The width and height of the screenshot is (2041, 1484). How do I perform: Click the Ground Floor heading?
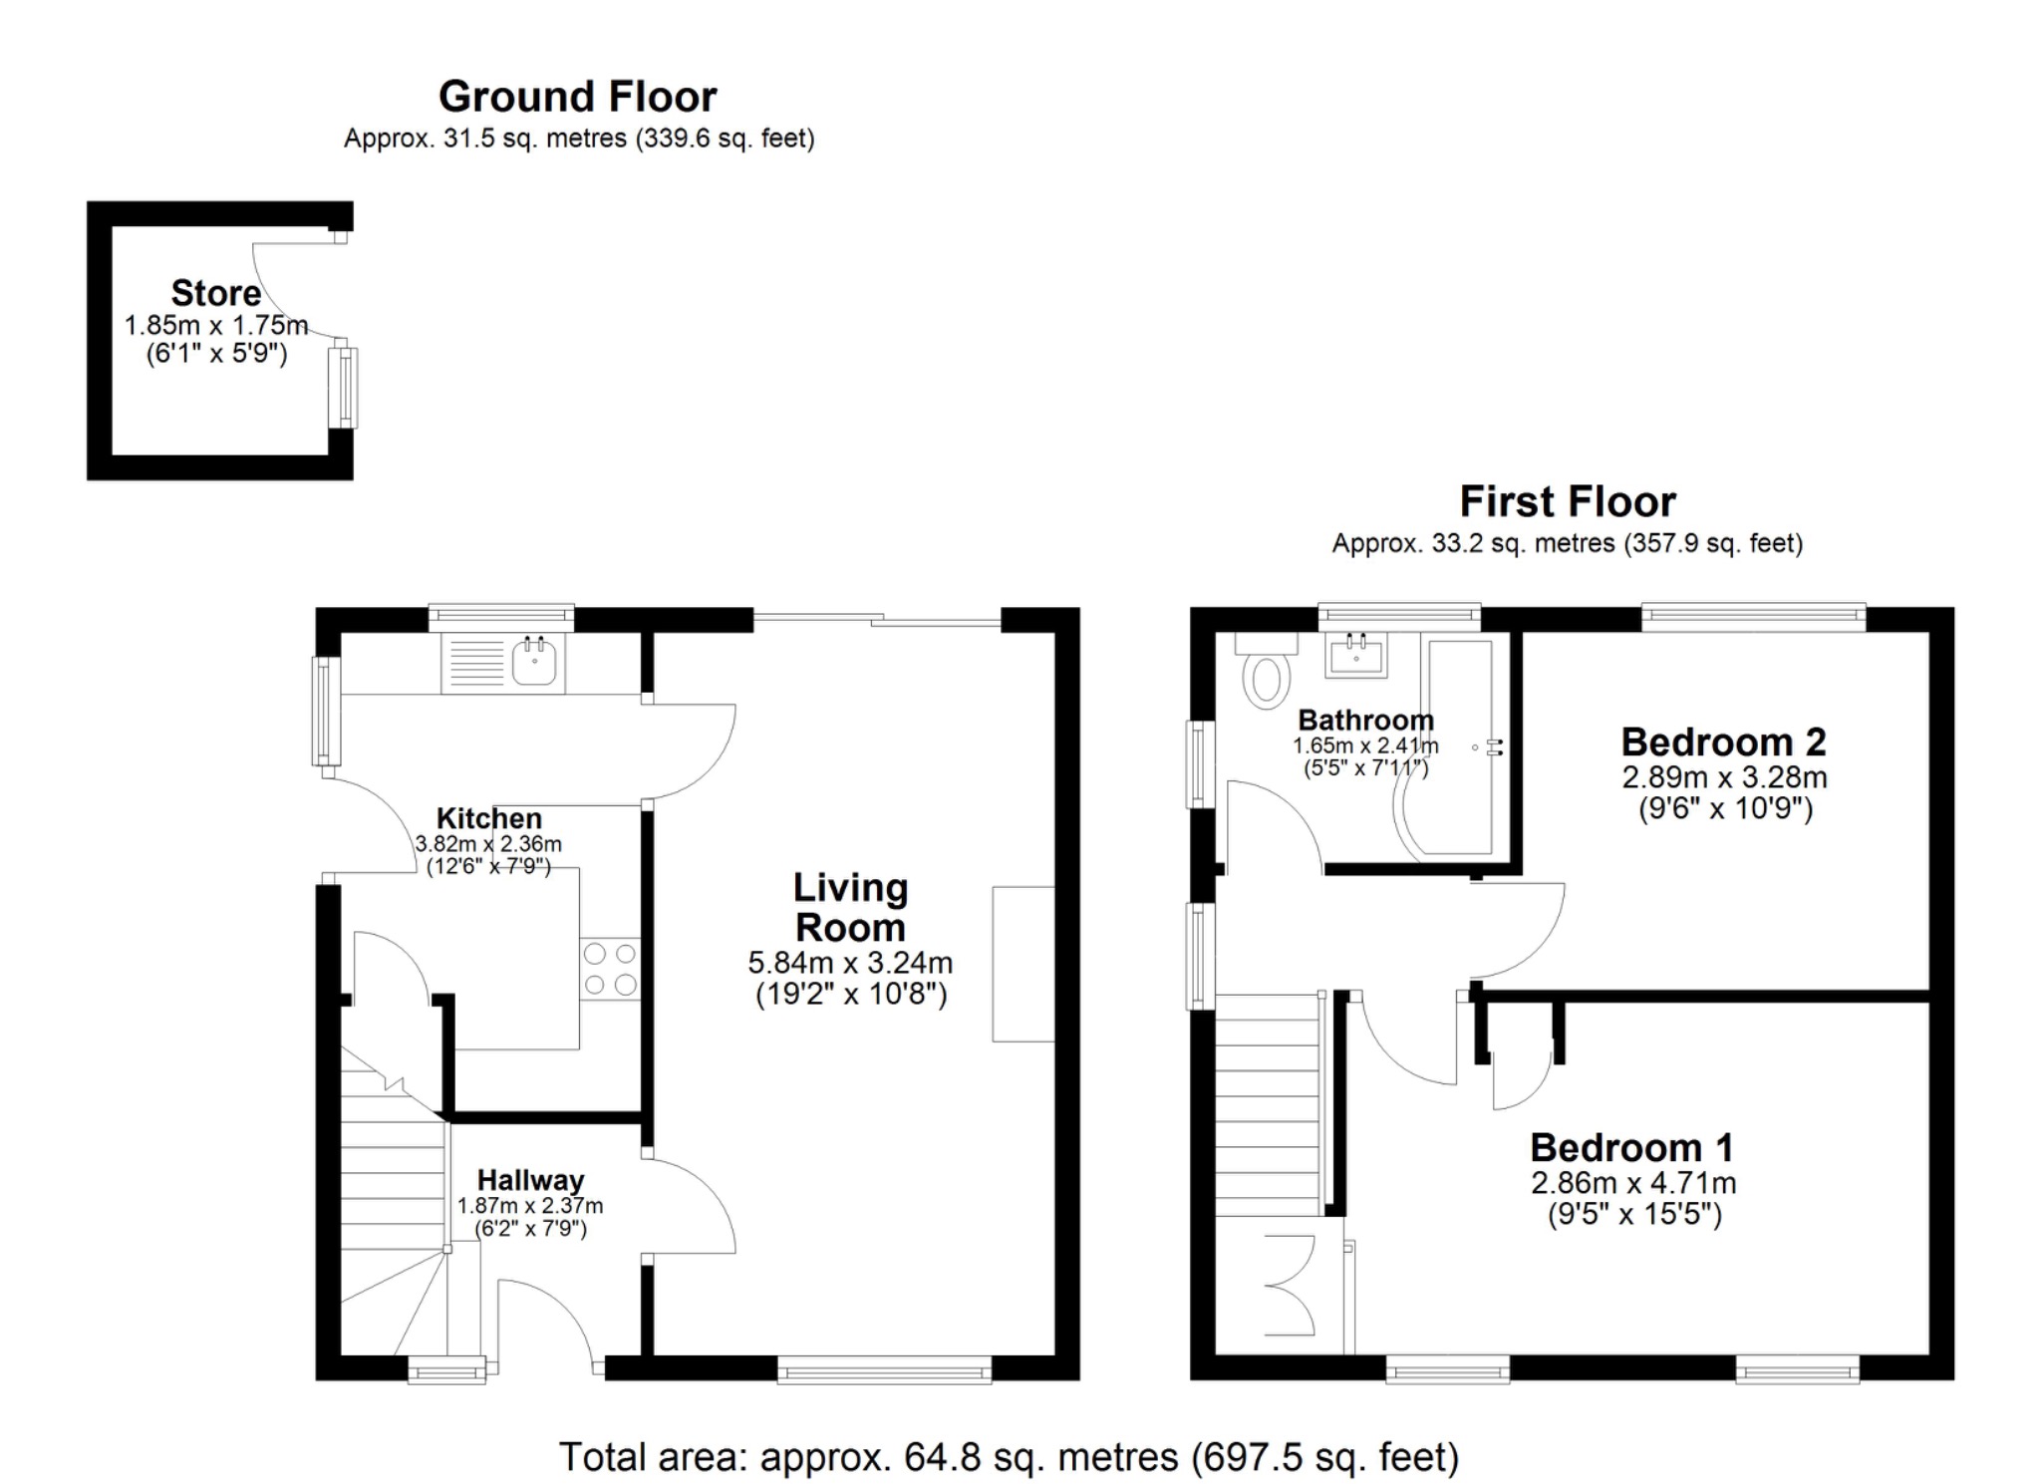(577, 97)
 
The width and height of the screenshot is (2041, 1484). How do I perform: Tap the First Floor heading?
(1567, 501)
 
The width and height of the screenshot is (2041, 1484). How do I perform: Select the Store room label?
(215, 293)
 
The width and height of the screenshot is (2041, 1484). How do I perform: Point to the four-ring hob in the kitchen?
(610, 969)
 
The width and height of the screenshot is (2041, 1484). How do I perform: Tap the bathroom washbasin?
(1355, 655)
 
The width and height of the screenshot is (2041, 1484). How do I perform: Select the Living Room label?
(850, 907)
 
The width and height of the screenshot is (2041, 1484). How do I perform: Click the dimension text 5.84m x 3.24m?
(850, 963)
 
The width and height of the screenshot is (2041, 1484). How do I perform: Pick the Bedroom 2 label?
(1723, 742)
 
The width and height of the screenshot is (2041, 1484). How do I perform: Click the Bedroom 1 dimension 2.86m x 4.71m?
(1633, 1183)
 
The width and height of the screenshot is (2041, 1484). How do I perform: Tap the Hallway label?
(530, 1180)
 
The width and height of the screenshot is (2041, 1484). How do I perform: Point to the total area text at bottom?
(1009, 1457)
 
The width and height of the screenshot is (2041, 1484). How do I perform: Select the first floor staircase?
(1268, 1106)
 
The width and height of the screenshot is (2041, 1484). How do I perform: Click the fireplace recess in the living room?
(1023, 964)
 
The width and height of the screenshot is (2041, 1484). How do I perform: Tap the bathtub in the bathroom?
(1460, 747)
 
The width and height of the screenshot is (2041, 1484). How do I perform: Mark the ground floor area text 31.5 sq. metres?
(579, 139)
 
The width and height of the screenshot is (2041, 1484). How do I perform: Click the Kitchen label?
(489, 818)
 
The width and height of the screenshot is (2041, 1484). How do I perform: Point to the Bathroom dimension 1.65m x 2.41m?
(1365, 745)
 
